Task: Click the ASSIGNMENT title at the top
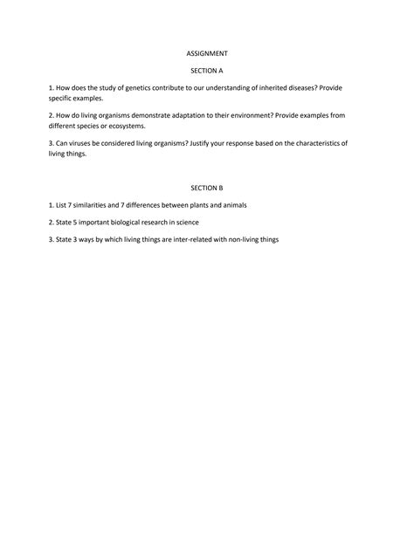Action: [207, 53]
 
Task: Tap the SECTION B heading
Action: [207, 188]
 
